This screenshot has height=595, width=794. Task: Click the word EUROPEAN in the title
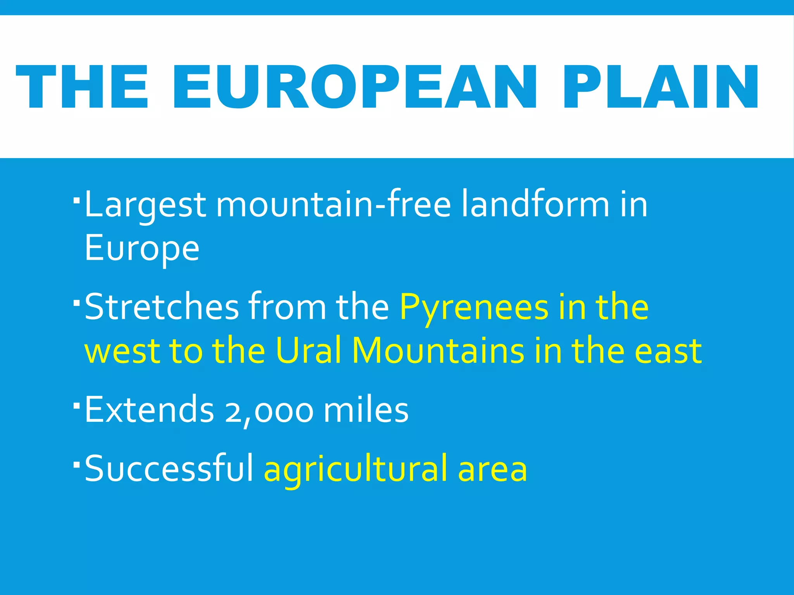(x=354, y=88)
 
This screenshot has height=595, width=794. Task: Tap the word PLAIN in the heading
(x=660, y=88)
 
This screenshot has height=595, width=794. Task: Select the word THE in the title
(x=82, y=88)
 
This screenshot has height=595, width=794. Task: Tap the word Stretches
(x=162, y=307)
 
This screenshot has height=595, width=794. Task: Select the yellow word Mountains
(x=438, y=351)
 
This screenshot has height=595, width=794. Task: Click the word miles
(x=366, y=410)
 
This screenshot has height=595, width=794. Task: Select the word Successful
(x=169, y=469)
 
